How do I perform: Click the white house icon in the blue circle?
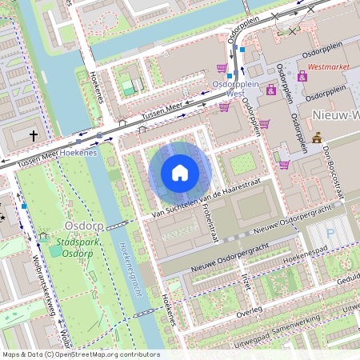(x=180, y=173)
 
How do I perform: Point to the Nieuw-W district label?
(x=335, y=114)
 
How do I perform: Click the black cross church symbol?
(x=34, y=136)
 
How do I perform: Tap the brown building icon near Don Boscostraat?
(x=317, y=138)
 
